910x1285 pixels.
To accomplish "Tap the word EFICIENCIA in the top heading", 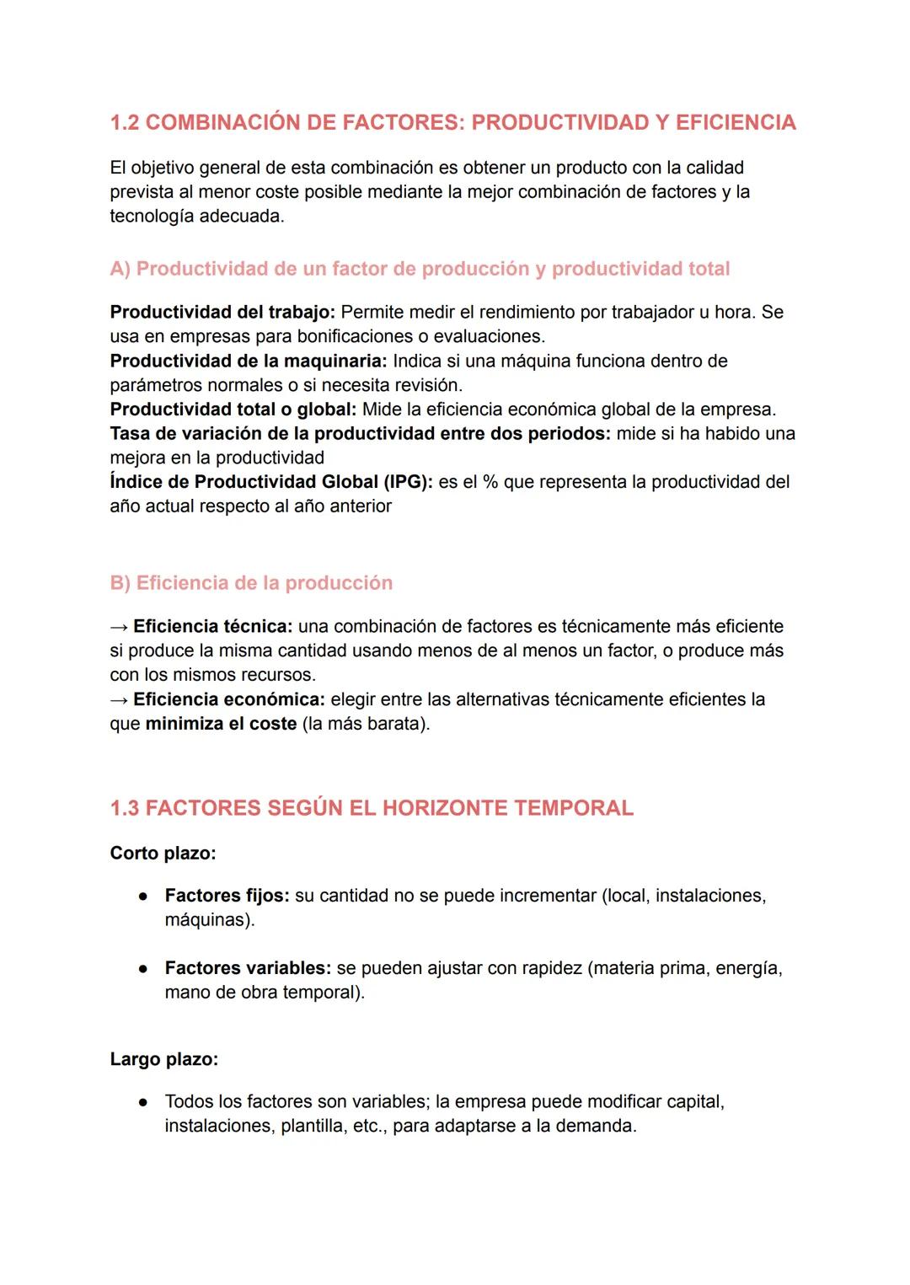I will tap(736, 123).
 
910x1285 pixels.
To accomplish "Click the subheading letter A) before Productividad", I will tap(120, 270).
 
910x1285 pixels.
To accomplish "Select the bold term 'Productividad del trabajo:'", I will tap(222, 313).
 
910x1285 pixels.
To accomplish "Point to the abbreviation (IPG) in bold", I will tap(409, 483).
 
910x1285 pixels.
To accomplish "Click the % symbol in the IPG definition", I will tap(490, 483).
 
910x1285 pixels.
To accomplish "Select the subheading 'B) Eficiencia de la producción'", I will tap(251, 583).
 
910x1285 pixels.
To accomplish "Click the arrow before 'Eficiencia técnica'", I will tap(119, 627).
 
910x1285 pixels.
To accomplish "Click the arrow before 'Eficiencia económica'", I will tap(119, 700).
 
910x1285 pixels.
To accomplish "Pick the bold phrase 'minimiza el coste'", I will tap(221, 725).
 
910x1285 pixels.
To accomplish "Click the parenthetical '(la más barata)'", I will tap(366, 725).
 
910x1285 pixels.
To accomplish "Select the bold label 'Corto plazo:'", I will tap(163, 854).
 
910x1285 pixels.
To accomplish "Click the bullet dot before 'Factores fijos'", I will tap(144, 897).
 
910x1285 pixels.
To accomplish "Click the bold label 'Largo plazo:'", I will tap(164, 1060).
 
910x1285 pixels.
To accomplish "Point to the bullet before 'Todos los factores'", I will tap(144, 1102).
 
